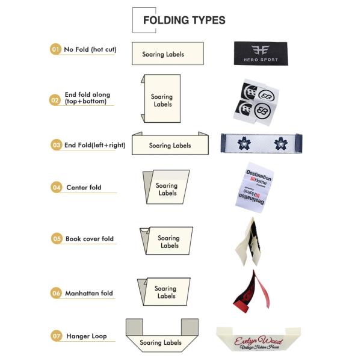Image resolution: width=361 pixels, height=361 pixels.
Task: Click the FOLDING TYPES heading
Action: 184,20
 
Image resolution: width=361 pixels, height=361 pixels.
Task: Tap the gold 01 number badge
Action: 55,49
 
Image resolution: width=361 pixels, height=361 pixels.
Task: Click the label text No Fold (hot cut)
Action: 90,49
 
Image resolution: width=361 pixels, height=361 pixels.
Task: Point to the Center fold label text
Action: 84,188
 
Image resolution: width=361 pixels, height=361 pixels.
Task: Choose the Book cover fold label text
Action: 90,239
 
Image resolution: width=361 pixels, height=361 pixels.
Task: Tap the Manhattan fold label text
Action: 89,294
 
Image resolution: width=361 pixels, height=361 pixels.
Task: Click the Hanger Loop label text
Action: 87,336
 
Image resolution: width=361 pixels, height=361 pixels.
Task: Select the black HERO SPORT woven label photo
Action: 256,53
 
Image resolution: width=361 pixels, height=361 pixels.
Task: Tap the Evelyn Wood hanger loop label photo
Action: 258,341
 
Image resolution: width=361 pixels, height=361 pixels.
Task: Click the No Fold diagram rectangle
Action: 167,54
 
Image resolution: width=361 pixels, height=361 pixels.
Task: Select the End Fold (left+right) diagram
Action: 170,144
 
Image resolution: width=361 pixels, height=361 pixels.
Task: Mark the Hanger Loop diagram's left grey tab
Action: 134,327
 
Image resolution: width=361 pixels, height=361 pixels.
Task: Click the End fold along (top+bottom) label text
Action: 87,98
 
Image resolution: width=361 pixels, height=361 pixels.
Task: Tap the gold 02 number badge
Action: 55,100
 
